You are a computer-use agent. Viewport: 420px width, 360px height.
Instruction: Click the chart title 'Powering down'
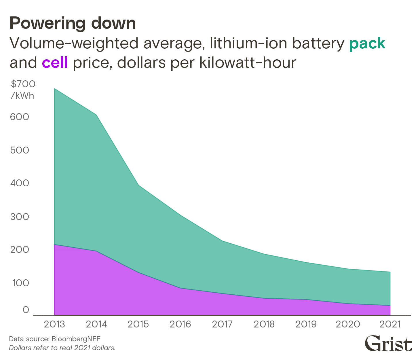tap(73, 23)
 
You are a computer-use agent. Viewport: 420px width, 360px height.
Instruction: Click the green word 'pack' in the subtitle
tap(367, 43)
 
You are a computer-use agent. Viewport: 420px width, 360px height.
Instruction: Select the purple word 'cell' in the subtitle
tap(55, 62)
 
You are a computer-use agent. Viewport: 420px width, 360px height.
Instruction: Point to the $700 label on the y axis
tap(23, 84)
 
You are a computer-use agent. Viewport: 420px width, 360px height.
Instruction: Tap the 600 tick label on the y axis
tap(20, 117)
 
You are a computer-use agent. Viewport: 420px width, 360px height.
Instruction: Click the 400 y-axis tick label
tap(20, 183)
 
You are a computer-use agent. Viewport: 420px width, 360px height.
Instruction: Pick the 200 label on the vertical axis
tap(20, 250)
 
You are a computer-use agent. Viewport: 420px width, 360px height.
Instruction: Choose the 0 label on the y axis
tap(26, 310)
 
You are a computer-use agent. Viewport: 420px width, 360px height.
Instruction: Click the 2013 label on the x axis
tap(54, 324)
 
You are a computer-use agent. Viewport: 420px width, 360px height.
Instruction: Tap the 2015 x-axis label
tap(138, 324)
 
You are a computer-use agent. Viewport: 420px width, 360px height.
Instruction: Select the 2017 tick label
tap(222, 324)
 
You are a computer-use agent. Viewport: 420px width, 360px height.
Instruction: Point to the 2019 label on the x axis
tap(306, 324)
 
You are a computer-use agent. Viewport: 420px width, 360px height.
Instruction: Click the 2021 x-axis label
tap(390, 324)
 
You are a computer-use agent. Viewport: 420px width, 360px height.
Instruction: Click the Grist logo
tap(388, 344)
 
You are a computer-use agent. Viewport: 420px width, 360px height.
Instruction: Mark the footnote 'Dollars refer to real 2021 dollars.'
tap(62, 348)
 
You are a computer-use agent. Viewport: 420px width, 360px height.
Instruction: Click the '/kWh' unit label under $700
tap(22, 96)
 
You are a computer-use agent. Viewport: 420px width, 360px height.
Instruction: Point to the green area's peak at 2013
tap(54, 89)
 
